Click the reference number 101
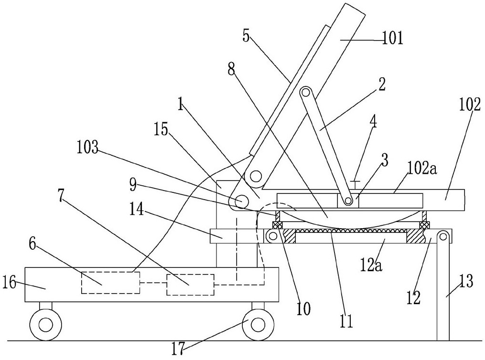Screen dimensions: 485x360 coord(393,40)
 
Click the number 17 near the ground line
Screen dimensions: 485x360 coord(179,350)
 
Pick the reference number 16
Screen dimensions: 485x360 coord(9,283)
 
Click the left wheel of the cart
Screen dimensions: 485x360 coord(46,325)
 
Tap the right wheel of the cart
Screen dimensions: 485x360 coord(259,325)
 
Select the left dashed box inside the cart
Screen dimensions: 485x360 coord(110,283)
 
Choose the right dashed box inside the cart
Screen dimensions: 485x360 coord(190,285)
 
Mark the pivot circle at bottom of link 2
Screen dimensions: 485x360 coord(349,201)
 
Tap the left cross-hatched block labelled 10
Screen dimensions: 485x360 coord(278,225)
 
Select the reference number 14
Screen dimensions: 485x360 coord(136,211)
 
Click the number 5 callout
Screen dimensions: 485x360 coord(246,36)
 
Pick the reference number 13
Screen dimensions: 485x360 coord(466,282)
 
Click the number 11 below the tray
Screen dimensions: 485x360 coord(346,321)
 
